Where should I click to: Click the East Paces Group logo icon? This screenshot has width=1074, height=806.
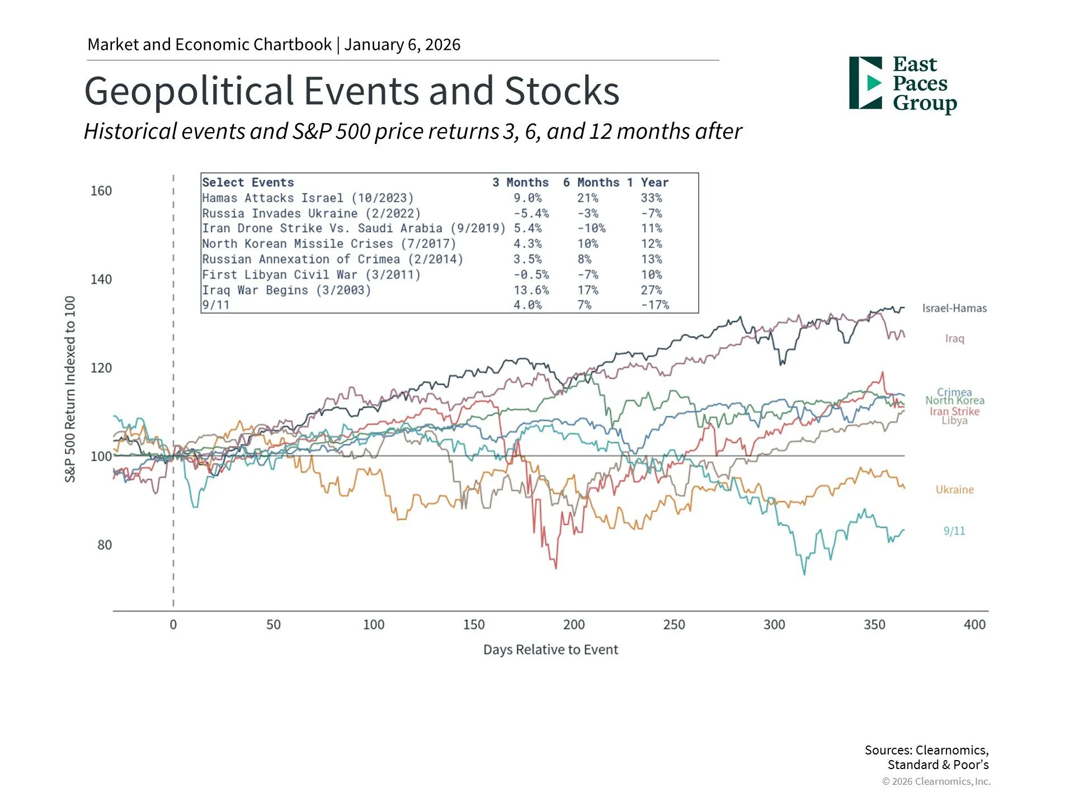click(865, 83)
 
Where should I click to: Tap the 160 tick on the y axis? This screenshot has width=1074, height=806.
click(101, 191)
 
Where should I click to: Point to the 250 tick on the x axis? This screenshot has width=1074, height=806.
click(674, 625)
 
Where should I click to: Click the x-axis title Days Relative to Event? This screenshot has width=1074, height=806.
click(550, 650)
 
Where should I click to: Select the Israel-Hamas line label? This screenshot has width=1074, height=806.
click(954, 308)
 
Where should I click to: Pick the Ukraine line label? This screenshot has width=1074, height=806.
click(954, 490)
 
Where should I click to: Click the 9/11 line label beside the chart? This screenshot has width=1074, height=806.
click(954, 531)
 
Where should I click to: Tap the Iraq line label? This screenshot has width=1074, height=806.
click(954, 339)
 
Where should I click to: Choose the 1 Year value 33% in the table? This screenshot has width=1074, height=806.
click(651, 198)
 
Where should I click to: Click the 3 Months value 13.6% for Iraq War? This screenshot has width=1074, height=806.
click(531, 290)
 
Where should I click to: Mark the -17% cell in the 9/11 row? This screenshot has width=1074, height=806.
click(654, 305)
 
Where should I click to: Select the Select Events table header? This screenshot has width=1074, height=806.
click(248, 182)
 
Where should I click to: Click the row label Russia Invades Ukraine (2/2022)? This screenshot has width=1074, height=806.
click(311, 214)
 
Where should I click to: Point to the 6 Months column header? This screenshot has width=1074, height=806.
click(591, 182)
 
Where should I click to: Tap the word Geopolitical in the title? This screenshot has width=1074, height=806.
click(189, 91)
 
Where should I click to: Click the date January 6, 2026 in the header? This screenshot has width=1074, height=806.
click(402, 45)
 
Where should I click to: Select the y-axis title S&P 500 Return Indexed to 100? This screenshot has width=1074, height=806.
click(70, 389)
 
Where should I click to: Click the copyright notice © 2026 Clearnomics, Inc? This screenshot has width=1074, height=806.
click(936, 781)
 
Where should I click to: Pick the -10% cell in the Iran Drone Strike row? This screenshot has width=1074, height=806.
click(591, 228)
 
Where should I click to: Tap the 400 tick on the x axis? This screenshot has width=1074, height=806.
click(974, 625)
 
